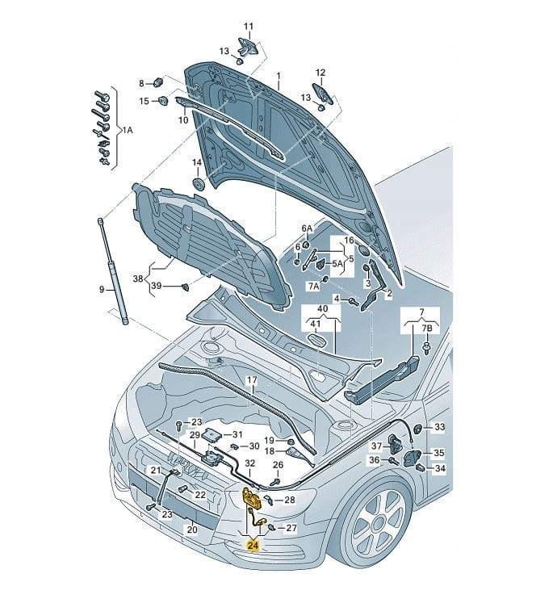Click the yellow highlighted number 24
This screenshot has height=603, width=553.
tap(253, 546)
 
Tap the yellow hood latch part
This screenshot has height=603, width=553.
tap(251, 500)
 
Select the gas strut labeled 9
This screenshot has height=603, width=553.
tap(113, 270)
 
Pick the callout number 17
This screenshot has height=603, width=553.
tap(252, 379)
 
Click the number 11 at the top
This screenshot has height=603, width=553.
tap(248, 27)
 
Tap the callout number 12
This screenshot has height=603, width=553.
tap(320, 72)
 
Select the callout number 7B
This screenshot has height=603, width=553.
tap(428, 329)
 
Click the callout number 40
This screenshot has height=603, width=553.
tap(323, 310)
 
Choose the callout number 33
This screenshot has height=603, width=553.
tap(439, 426)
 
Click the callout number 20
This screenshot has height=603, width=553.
tap(191, 530)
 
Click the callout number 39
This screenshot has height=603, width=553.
tap(157, 287)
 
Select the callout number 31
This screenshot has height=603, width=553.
tap(227, 434)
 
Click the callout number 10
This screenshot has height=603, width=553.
tap(183, 120)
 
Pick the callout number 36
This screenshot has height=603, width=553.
tap(375, 460)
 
